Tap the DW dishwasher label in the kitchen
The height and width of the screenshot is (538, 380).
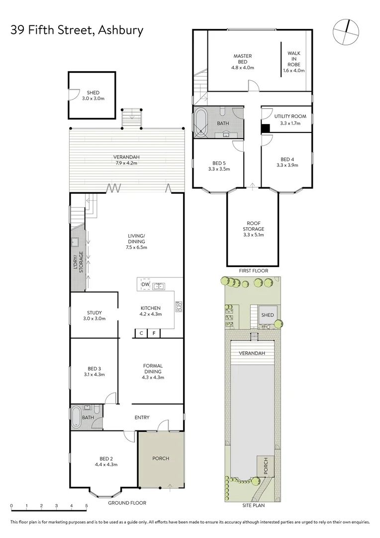145,284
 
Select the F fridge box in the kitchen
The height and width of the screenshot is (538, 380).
154,333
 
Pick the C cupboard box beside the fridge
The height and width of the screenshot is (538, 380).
141,333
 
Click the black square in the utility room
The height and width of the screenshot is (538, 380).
266,128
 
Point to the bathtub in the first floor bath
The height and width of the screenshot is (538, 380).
201,123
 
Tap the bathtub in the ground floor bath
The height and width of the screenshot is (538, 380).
76,417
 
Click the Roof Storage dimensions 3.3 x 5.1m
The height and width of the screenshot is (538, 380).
254,235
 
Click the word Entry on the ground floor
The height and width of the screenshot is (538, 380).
142,417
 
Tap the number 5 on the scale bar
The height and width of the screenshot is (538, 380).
87,506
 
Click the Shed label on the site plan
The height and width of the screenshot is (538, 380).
268,315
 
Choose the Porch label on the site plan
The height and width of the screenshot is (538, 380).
266,466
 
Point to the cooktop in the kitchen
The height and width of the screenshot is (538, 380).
178,306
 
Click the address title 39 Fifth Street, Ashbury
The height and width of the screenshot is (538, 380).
77,30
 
